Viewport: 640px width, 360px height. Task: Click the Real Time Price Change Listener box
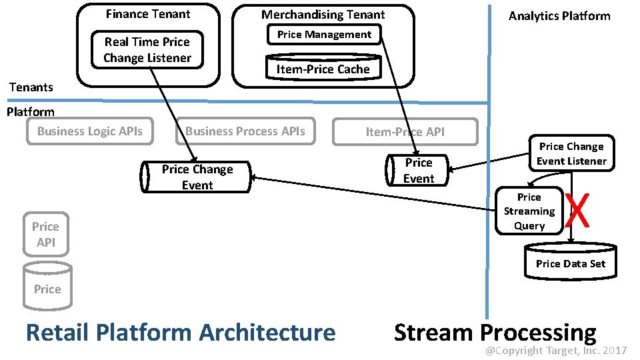[x=147, y=50]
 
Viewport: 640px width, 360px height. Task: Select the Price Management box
[x=324, y=35]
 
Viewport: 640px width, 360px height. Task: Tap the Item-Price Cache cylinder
[x=323, y=68]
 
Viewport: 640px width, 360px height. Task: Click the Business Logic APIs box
[x=90, y=131]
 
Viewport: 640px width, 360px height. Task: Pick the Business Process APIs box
[x=245, y=131]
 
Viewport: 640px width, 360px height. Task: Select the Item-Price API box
[x=405, y=131]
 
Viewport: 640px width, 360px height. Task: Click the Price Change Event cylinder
[x=197, y=177]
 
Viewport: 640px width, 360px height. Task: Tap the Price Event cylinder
[x=418, y=171]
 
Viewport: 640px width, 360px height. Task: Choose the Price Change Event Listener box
[x=571, y=154]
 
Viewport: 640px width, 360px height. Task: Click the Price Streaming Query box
[x=529, y=211]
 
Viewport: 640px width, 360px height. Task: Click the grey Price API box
[x=45, y=235]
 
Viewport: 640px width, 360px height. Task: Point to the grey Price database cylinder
[x=47, y=287]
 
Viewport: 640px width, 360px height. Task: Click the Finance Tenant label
[x=148, y=14]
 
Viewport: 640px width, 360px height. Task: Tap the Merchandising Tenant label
[x=323, y=14]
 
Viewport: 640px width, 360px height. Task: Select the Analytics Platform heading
[x=559, y=16]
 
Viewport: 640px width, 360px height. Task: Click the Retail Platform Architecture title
[x=181, y=332]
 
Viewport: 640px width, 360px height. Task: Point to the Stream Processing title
[x=495, y=332]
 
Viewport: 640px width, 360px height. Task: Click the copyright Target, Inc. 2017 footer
[x=555, y=351]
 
